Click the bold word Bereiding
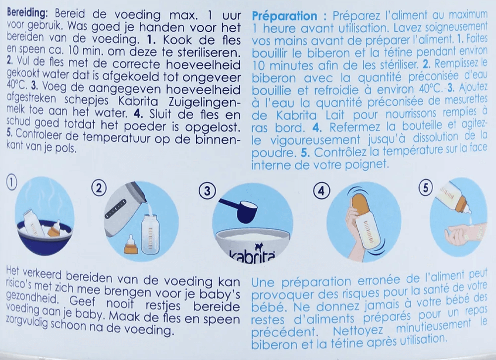click(27, 13)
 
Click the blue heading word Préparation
click(284, 15)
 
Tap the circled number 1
click(11, 183)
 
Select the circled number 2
click(99, 189)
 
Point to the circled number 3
click(207, 191)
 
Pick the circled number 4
click(322, 191)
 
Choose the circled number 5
click(426, 188)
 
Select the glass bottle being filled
click(151, 235)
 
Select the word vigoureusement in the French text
click(306, 140)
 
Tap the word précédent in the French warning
click(284, 332)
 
